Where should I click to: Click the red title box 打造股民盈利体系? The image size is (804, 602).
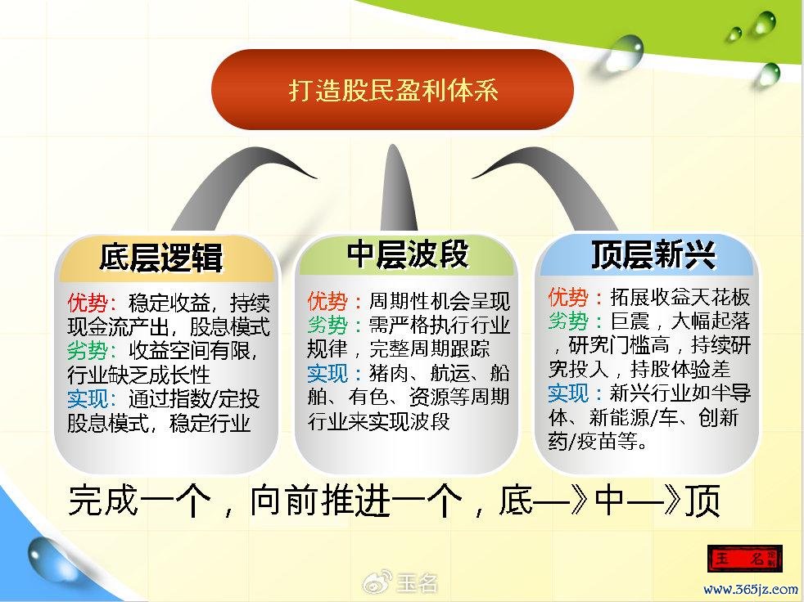[392, 90]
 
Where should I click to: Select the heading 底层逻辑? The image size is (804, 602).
[161, 257]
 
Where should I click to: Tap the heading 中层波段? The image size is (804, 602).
[409, 254]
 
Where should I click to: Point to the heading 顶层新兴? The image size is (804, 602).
[653, 254]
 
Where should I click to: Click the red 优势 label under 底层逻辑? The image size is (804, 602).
[87, 303]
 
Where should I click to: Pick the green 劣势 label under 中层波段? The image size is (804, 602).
[327, 325]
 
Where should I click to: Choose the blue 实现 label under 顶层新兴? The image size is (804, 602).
[568, 393]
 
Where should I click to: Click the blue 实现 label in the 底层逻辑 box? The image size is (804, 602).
[87, 398]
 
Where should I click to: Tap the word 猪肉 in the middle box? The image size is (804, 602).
[389, 373]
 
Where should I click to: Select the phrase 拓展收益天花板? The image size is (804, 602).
[680, 297]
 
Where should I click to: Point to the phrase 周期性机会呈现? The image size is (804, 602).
[440, 301]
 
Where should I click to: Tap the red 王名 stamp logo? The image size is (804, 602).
[744, 558]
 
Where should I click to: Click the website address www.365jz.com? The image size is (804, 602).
[751, 589]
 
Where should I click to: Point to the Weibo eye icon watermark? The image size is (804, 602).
[377, 583]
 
